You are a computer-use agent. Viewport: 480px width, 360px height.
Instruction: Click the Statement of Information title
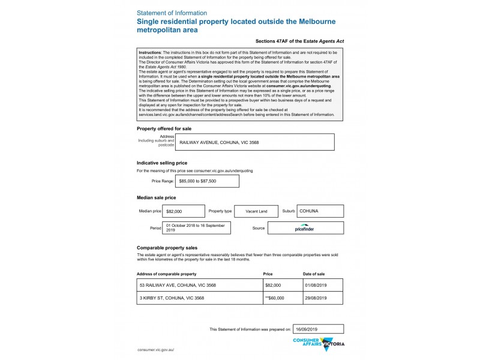coord(172,13)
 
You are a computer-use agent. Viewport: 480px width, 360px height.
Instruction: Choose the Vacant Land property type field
coord(256,211)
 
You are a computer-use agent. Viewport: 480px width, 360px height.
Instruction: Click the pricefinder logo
coord(305,228)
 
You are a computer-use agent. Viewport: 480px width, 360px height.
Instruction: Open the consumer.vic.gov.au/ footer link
coord(155,349)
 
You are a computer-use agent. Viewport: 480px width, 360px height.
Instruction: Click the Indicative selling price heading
coord(162,163)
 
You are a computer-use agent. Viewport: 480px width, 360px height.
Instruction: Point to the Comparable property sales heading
coord(167,247)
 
